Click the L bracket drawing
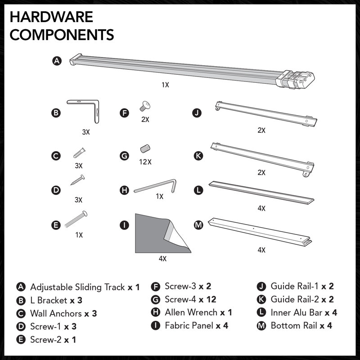click(96, 108)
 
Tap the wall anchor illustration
click(79, 153)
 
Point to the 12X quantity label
click(145, 162)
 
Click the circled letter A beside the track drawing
click(57, 61)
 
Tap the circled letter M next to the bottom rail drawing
click(198, 225)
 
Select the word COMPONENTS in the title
click(62, 35)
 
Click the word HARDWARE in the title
click(51, 17)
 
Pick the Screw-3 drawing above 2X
click(145, 106)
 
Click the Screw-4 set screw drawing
click(145, 148)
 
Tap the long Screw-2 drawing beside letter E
click(76, 219)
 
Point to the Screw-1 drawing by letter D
click(77, 180)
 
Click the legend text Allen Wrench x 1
click(198, 312)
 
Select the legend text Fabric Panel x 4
click(197, 325)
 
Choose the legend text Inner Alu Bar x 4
click(304, 312)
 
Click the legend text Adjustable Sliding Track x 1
click(85, 287)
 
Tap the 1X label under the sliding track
click(165, 85)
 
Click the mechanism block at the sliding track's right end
click(296, 80)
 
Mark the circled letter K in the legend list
click(261, 299)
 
